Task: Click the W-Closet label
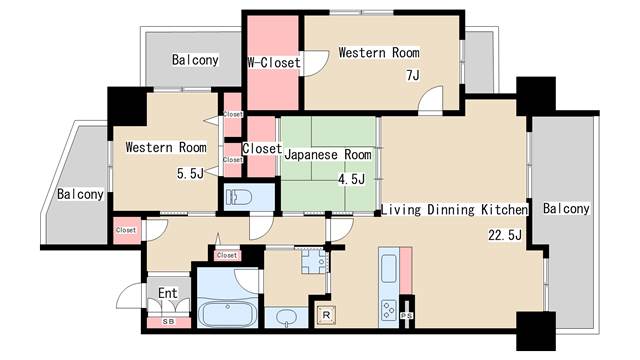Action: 274,62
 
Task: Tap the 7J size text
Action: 413,76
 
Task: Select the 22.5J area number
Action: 505,235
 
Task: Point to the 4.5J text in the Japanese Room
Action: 351,179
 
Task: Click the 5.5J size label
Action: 190,173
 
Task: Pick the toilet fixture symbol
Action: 239,197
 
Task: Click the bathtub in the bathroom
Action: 228,314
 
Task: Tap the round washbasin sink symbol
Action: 287,316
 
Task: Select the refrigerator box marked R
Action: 326,315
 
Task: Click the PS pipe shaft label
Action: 406,316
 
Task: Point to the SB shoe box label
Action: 169,322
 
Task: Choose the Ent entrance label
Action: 168,293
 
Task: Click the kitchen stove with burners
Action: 389,309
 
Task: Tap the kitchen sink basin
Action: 389,268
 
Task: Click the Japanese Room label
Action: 328,155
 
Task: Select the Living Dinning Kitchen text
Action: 454,209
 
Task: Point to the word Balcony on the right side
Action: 566,209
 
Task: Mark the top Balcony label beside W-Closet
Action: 195,60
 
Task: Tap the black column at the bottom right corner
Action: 536,331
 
